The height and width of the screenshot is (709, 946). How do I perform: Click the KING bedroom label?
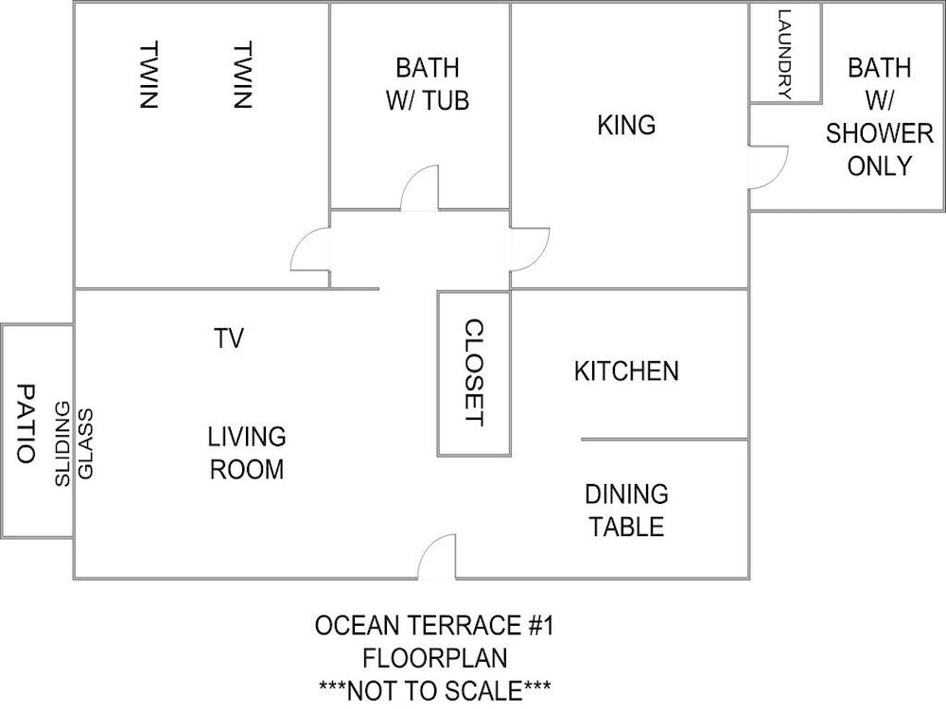pos(626,125)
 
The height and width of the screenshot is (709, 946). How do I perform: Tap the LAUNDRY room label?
pos(784,54)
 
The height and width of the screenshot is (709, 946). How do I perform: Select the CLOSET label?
pos(474,372)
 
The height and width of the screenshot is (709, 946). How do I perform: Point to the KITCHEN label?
pos(626,371)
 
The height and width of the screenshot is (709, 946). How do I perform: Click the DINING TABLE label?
pos(626,510)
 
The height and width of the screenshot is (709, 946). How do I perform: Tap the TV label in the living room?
pos(229,338)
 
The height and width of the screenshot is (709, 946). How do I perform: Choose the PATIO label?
pos(26,424)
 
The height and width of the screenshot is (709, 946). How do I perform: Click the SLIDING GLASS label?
pos(74,443)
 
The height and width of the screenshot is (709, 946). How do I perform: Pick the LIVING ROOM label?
pos(247,453)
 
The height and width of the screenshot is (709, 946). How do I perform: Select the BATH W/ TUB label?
pos(428,84)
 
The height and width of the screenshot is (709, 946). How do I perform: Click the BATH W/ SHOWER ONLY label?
pos(879,116)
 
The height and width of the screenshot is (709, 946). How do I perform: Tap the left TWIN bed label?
pos(149,75)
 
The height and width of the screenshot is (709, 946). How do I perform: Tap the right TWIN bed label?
pos(242,75)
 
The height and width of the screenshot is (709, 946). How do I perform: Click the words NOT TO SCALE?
pos(434,690)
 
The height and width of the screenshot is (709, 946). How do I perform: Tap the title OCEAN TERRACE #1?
pos(434,625)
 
